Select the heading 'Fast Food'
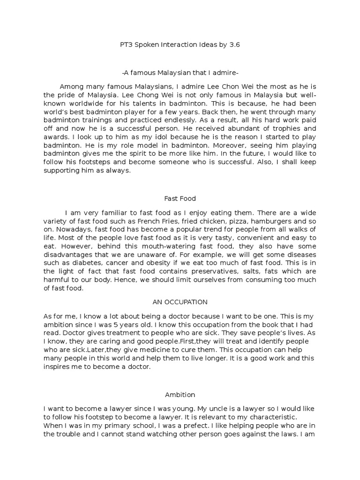tap(180, 198)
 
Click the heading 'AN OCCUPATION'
tap(180, 302)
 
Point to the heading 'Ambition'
tap(180, 395)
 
